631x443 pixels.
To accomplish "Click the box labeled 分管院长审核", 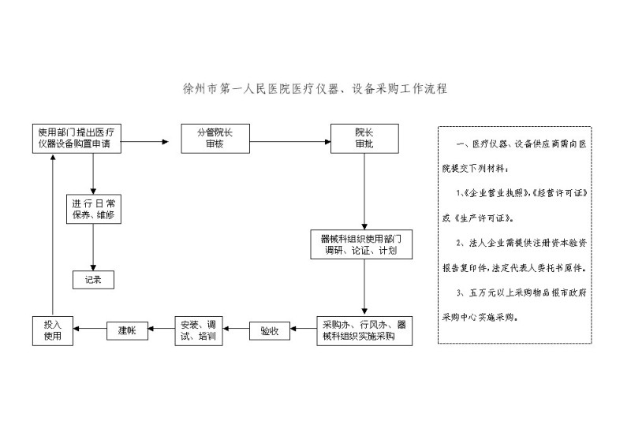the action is click(215, 139).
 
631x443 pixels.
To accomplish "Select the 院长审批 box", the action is click(364, 139).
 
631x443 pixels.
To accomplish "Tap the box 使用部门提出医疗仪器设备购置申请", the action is click(77, 139).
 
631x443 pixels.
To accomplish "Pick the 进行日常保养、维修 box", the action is click(93, 209).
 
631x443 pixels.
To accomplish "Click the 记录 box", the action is click(93, 280).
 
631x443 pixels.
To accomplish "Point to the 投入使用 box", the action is click(53, 331).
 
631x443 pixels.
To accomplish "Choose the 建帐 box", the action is click(127, 331).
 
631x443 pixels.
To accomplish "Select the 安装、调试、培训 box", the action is click(199, 331).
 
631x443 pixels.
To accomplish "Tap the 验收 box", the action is click(270, 331).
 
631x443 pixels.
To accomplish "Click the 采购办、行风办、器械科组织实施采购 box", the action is click(364, 331).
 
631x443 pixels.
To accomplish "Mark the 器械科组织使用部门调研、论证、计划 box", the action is click(361, 244).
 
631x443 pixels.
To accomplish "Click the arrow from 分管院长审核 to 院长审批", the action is click(290, 142).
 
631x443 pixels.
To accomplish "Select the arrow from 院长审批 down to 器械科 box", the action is click(364, 192).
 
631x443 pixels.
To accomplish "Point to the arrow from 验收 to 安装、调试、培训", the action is click(236, 329).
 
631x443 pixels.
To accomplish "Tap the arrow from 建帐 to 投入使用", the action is click(90, 329).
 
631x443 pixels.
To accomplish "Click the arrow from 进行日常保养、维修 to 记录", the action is click(93, 248).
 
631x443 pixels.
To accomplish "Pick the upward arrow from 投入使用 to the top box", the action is click(53, 235).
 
